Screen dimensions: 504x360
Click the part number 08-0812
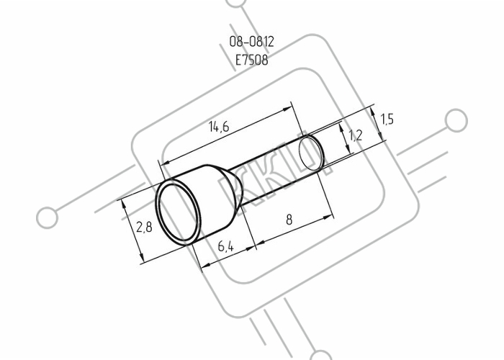click(x=252, y=42)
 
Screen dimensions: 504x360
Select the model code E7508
click(x=252, y=60)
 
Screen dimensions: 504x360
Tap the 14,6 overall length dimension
click(x=219, y=126)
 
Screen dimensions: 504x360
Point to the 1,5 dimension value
click(x=387, y=120)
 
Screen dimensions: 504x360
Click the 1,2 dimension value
click(x=356, y=135)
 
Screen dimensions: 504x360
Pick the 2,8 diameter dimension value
click(x=144, y=228)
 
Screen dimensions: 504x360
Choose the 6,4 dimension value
click(x=226, y=246)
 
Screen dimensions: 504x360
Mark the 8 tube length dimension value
click(x=289, y=220)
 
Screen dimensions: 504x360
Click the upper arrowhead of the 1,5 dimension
click(x=372, y=111)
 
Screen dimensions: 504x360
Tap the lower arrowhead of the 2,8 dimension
click(x=141, y=258)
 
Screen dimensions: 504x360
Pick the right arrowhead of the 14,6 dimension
click(x=287, y=109)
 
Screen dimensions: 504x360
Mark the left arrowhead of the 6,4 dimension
click(x=206, y=265)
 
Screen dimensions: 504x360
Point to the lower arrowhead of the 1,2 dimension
click(x=348, y=149)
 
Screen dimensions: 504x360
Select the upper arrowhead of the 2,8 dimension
click(x=124, y=204)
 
